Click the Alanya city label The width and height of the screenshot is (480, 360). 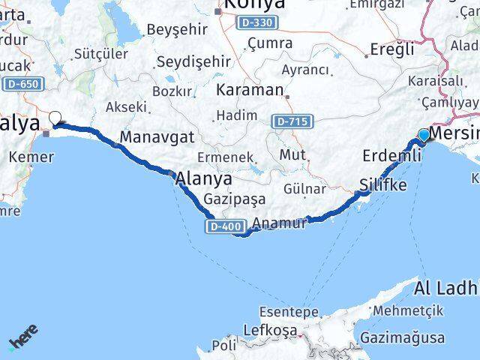tap(203, 180)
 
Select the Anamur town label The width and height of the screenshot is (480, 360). tap(280, 223)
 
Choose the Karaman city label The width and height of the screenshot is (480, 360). tap(249, 90)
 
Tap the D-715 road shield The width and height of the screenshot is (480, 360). tap(289, 121)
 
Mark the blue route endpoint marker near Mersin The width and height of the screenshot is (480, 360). tap(424, 135)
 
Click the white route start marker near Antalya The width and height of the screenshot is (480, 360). tap(55, 117)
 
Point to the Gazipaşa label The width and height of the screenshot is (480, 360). tap(234, 200)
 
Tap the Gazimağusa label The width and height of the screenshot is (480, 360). tap(403, 337)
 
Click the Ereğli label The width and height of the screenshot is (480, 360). tap(393, 49)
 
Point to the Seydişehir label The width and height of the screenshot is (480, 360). tap(190, 64)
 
